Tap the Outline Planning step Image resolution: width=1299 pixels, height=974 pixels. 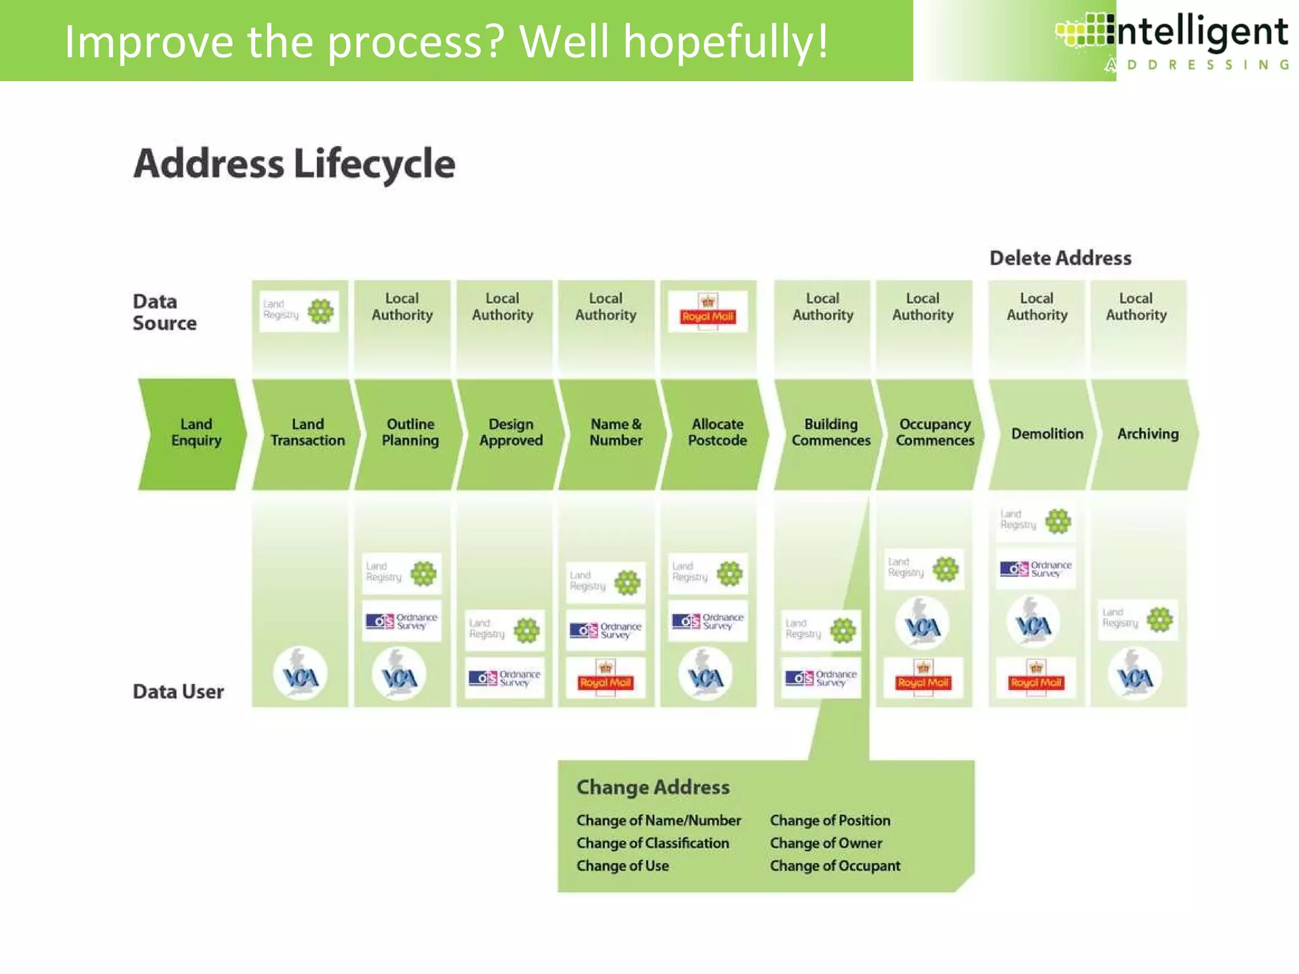coord(410,434)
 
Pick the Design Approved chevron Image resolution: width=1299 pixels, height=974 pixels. coord(511,434)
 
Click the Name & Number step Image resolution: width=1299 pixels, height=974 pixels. coord(615,434)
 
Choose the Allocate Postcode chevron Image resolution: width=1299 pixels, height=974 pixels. coord(717,434)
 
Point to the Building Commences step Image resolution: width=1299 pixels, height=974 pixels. coord(830,434)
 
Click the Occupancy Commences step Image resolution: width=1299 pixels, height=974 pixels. coord(934,434)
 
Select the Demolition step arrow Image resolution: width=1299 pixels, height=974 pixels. coord(1047,434)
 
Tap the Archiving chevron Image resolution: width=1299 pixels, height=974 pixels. coord(1147,434)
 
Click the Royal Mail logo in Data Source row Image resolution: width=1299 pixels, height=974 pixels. coord(708,311)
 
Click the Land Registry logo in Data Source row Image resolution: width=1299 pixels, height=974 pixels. coord(299,311)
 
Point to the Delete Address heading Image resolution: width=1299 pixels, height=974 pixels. coord(1060,258)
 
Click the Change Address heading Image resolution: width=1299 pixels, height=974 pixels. coord(653,787)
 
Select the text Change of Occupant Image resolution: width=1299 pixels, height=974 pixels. coord(835,866)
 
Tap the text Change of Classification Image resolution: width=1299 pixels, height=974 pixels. coord(653,843)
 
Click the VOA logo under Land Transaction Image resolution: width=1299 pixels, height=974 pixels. coord(300,674)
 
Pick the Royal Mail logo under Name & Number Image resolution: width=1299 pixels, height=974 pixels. coord(605,679)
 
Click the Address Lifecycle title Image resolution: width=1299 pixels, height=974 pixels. coord(294,164)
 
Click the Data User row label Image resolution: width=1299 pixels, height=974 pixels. coord(178,691)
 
